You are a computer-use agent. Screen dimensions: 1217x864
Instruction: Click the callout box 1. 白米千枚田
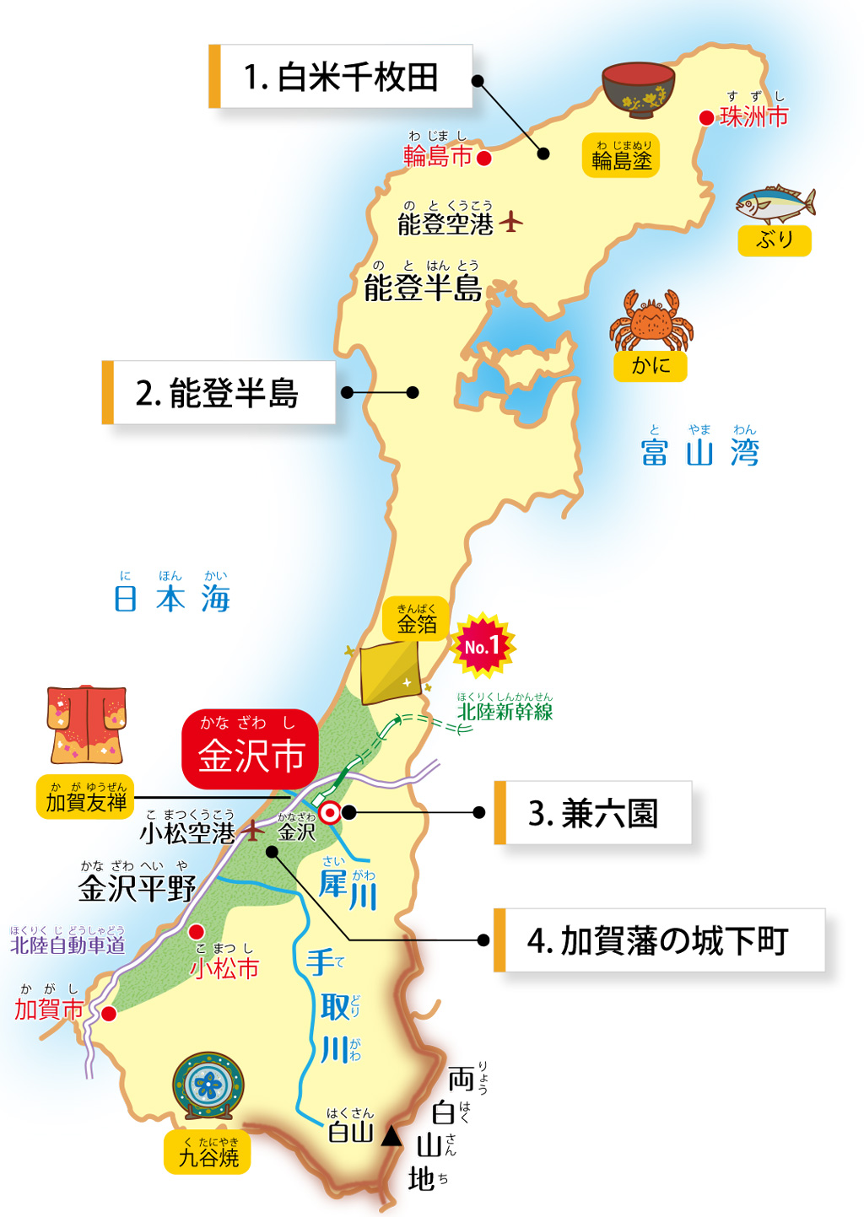[x=341, y=77]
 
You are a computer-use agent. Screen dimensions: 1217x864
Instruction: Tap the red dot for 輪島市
[x=484, y=158]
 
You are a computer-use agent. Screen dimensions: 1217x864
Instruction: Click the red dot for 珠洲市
[x=707, y=118]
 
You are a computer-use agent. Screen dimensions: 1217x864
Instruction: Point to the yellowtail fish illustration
[x=775, y=204]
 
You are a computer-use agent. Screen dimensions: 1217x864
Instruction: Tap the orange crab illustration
[x=651, y=320]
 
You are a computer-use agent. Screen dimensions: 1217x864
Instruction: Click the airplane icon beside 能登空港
[x=510, y=222]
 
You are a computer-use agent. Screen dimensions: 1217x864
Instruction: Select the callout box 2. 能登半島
[x=219, y=393]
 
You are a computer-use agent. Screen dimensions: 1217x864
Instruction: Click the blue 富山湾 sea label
[x=699, y=451]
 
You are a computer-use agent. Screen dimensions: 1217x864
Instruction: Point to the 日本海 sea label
[x=172, y=598]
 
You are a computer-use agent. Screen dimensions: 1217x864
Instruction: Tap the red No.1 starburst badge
[x=482, y=646]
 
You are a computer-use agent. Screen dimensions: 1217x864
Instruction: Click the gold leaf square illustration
[x=391, y=673]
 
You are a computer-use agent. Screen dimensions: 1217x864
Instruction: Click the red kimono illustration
[x=86, y=724]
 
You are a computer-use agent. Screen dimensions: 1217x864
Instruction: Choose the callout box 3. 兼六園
[x=593, y=813]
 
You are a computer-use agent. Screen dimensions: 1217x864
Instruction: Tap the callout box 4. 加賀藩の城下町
[x=659, y=940]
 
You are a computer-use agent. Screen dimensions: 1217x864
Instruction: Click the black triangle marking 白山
[x=391, y=1137]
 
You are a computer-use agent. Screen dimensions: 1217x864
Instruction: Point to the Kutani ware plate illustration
[x=208, y=1085]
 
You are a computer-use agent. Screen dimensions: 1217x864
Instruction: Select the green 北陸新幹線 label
[x=505, y=711]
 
